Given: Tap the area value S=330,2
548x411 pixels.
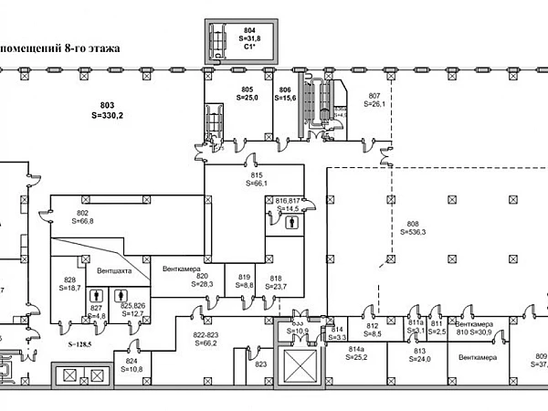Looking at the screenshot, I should coord(109,116).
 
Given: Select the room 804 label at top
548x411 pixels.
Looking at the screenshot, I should coord(225,30).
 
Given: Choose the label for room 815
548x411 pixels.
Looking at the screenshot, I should coord(256,174).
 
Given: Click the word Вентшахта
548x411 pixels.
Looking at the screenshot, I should coord(113,271).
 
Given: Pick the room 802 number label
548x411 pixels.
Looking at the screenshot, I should coord(81,213).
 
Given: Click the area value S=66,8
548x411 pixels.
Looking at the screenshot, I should coord(81,221).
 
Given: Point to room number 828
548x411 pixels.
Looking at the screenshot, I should coord(69,279).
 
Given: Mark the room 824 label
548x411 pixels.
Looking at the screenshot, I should coord(132,360).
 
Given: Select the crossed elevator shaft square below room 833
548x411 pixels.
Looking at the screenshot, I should coord(298,369).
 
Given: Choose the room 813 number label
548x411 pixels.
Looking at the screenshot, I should coord(421,351).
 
